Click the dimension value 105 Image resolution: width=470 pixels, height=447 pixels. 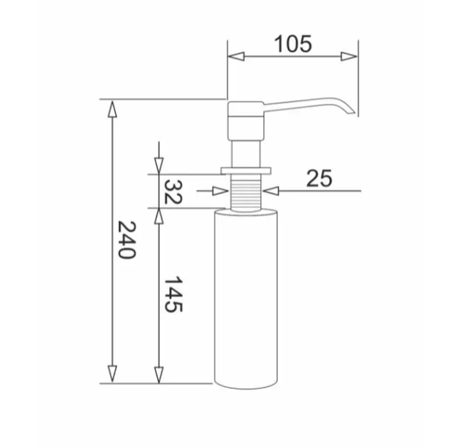pyautogui.click(x=293, y=44)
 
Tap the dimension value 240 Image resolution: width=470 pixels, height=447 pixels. pyautogui.click(x=127, y=240)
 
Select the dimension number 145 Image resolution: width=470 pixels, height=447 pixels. pyautogui.click(x=173, y=294)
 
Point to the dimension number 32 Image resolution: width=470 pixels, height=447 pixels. pyautogui.click(x=173, y=192)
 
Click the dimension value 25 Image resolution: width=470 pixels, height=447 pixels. pyautogui.click(x=319, y=178)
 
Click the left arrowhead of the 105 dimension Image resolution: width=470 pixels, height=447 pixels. pyautogui.click(x=236, y=56)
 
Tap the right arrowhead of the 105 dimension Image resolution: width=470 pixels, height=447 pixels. pyautogui.click(x=349, y=56)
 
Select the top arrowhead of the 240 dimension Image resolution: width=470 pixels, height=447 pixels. pyautogui.click(x=112, y=109)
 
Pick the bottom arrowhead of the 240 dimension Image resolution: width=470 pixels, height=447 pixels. pyautogui.click(x=112, y=374)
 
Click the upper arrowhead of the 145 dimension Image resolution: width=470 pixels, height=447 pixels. pyautogui.click(x=159, y=216)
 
